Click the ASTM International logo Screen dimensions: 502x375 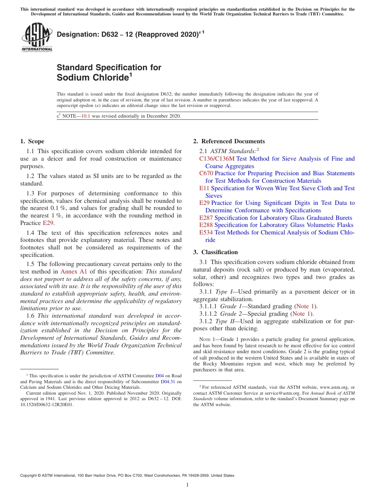point(37,37)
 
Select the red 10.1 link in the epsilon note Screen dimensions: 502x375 point(86,116)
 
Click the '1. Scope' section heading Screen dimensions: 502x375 point(32,141)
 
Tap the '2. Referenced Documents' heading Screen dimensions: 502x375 point(229,141)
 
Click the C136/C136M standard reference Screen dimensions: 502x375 point(217,159)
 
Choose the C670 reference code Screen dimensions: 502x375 point(206,173)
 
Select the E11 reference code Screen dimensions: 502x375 point(204,188)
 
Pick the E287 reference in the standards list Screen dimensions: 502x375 point(206,218)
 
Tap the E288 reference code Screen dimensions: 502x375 point(206,225)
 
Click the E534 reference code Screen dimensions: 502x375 point(206,232)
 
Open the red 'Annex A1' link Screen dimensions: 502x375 point(74,272)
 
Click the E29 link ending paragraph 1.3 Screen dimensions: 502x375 point(48,223)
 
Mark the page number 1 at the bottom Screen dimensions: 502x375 point(187,485)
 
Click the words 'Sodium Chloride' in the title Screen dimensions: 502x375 point(93,77)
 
